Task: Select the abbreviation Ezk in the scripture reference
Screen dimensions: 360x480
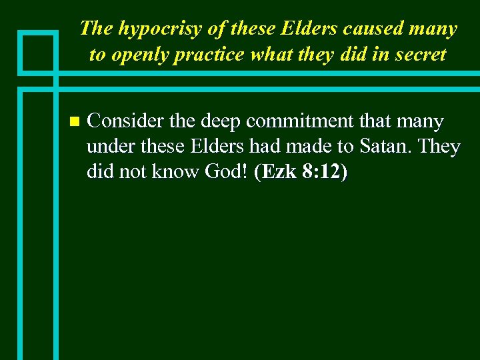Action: click(279, 172)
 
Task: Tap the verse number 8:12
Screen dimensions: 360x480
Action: click(322, 172)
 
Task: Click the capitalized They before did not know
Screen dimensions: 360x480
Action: click(441, 147)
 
